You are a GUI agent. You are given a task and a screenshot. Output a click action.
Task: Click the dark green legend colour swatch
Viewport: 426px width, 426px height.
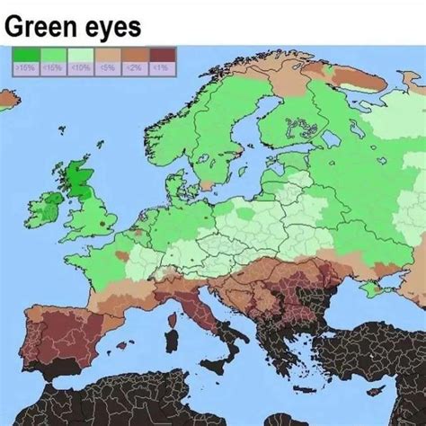click(x=24, y=56)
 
